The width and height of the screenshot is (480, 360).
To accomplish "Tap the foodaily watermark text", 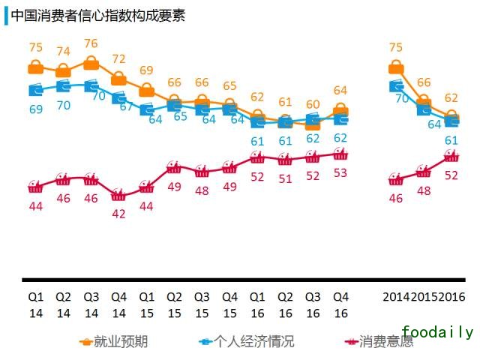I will pos(437,331).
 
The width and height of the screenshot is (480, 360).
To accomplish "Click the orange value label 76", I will pos(91,43).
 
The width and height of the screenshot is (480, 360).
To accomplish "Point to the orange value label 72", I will pos(119,58).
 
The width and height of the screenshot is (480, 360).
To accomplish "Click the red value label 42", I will pos(119,213).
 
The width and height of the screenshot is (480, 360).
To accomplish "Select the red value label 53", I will pos(340,173).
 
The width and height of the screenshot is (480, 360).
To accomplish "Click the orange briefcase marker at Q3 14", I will pos(91,62).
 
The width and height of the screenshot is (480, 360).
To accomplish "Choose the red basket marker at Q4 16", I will pos(340,154).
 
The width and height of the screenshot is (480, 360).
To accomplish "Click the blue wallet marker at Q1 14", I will pos(35,90).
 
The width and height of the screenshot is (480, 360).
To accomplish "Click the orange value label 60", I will pos(313,104).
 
